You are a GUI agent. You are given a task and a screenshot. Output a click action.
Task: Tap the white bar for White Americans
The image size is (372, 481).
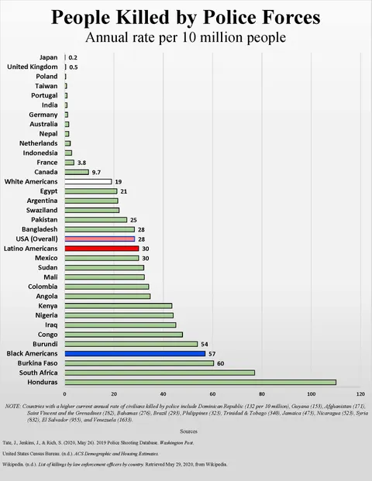coord(88,181)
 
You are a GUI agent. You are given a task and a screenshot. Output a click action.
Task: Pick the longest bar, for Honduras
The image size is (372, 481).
coord(200,382)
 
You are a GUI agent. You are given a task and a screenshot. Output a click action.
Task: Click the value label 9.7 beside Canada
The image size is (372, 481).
coord(97,172)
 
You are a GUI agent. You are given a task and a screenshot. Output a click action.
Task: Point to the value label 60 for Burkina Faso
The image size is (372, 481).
coord(221,362)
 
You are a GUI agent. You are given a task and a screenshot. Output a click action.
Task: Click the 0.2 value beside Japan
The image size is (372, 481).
coord(73,57)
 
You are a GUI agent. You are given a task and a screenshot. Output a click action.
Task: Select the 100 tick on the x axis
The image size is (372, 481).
coord(312,394)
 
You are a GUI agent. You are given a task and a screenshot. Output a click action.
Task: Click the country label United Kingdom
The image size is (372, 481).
coord(33,67)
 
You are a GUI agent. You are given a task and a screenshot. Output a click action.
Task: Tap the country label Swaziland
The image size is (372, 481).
coord(42,210)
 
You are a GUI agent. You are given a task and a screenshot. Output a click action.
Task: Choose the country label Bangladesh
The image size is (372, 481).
coord(40,229)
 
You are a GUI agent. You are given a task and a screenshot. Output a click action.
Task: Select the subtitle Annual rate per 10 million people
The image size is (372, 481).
coord(185,37)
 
